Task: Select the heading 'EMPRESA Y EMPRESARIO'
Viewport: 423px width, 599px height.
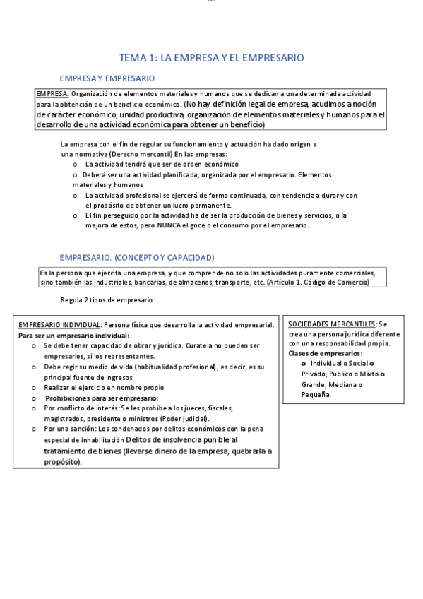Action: [x=107, y=78]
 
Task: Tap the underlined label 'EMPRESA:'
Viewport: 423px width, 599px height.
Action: [x=52, y=94]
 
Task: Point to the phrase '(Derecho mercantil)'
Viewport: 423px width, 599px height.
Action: [x=140, y=154]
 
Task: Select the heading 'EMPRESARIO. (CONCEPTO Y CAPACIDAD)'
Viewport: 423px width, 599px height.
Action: [x=137, y=257]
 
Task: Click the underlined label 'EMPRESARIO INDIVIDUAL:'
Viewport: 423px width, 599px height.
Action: [x=60, y=324]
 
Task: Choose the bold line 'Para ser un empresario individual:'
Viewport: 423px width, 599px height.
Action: [x=73, y=335]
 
